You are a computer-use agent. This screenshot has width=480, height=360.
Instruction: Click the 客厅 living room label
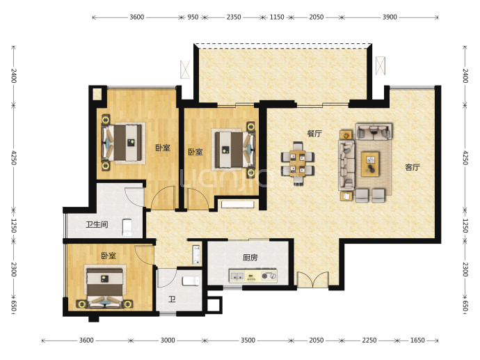[412, 167]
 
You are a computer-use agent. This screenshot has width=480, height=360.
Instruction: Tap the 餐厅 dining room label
[314, 134]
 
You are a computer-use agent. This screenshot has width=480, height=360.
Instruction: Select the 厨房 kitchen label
[250, 258]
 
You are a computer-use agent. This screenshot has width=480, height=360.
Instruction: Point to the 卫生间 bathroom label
[97, 225]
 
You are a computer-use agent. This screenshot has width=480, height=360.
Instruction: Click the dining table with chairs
[297, 163]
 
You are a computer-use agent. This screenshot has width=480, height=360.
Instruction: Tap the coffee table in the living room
[370, 164]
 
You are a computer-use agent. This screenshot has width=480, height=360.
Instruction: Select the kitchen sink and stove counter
[253, 276]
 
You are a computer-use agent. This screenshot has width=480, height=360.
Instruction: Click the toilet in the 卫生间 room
[127, 227]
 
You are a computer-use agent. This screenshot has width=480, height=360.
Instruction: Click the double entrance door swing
[312, 279]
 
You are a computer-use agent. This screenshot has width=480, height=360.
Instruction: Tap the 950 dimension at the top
[193, 17]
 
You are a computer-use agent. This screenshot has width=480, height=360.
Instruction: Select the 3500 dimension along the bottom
[248, 341]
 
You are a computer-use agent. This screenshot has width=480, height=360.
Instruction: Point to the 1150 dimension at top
[277, 17]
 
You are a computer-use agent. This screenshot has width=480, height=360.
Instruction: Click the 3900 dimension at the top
[390, 17]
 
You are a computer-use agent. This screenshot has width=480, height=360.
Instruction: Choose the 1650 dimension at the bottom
[417, 341]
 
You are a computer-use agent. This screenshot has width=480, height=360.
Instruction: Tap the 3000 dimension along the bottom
[168, 341]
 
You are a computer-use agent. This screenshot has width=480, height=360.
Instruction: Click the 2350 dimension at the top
[234, 17]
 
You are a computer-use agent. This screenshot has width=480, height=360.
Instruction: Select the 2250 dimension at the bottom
[369, 341]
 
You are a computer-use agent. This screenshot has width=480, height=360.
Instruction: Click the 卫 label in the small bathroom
[172, 299]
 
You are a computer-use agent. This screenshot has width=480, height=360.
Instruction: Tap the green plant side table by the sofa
[346, 135]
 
